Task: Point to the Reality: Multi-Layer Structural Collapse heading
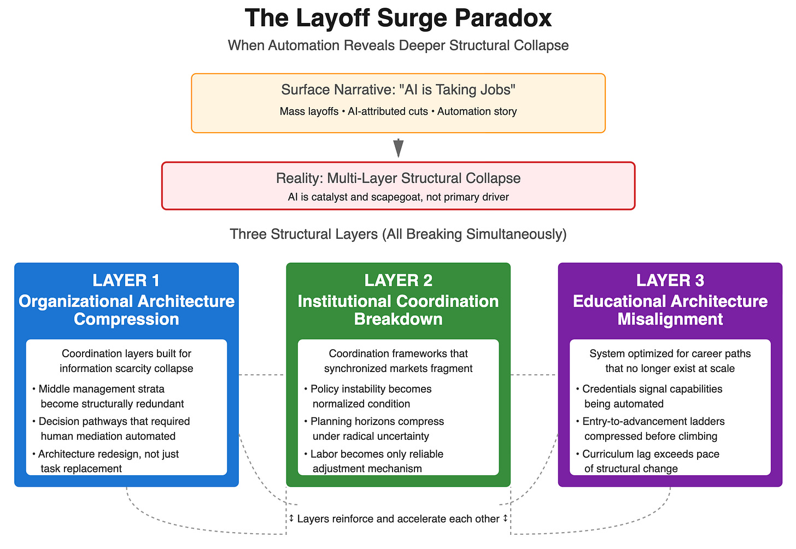(398, 179)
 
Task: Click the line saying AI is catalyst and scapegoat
(398, 197)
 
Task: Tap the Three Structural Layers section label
(398, 234)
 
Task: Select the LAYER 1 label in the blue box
(126, 280)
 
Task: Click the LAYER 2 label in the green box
(398, 280)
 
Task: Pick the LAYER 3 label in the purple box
(670, 280)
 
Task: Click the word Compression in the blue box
(126, 319)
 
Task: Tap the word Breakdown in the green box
(398, 319)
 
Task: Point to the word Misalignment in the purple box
(670, 319)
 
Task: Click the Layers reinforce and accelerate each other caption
(398, 518)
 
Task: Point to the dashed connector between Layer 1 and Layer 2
(262, 375)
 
